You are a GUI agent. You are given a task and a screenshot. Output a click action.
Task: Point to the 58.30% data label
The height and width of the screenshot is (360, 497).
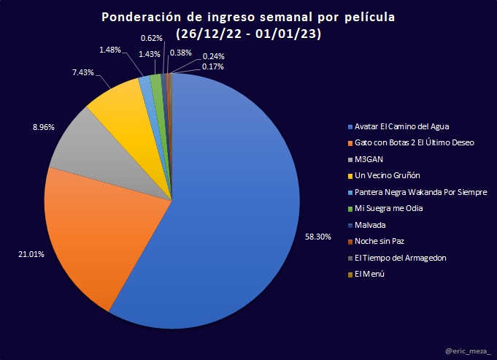317,237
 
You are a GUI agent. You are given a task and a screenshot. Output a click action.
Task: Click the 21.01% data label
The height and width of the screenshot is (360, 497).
30,254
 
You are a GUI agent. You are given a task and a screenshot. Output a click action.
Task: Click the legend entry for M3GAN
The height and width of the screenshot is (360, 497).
369,159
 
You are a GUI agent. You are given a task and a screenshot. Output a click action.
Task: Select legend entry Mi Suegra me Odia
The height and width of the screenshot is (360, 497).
390,209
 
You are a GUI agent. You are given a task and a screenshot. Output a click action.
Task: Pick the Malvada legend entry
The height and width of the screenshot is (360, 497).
372,225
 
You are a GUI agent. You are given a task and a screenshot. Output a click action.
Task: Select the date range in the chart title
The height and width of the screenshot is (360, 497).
249,34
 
